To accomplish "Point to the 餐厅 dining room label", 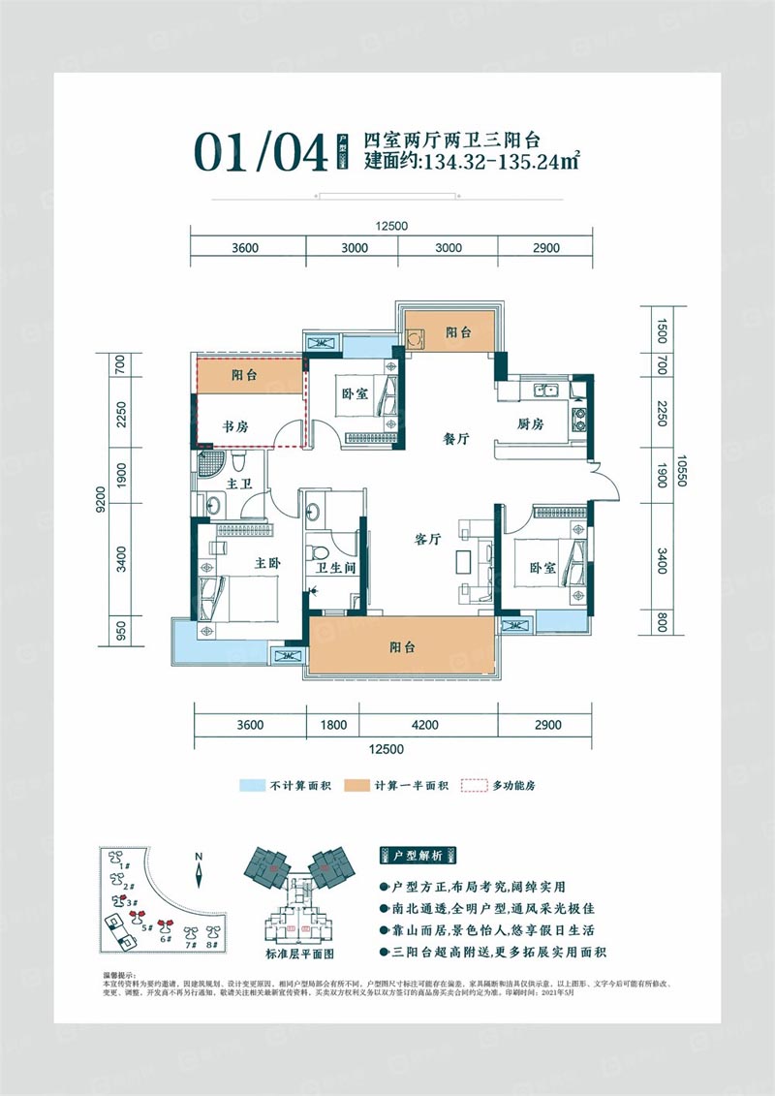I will click(454, 439).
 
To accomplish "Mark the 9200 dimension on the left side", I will click(102, 501).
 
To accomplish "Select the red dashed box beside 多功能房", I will click(472, 785).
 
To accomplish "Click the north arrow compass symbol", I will click(198, 871).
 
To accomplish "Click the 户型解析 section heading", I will click(418, 856).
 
